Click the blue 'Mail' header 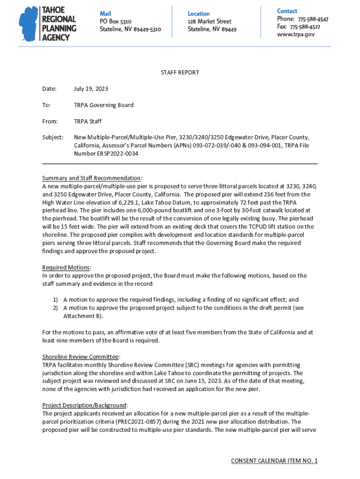[106, 13]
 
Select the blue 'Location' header [199, 14]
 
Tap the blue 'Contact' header [287, 11]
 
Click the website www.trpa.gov [295, 34]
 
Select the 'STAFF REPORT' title [180, 73]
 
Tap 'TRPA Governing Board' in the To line [103, 105]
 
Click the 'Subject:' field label [52, 138]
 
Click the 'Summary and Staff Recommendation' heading [92, 178]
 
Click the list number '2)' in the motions [55, 308]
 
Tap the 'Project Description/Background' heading [85, 405]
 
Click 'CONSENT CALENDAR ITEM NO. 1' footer [274, 461]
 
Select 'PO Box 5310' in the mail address [115, 22]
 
